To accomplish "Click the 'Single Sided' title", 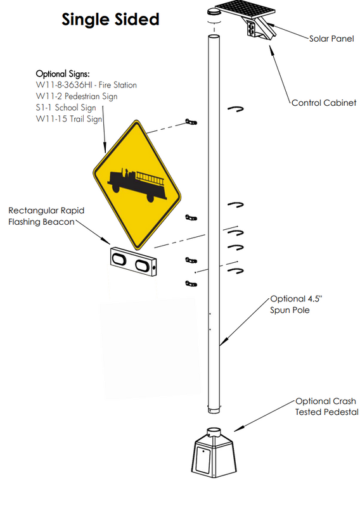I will pos(110,20).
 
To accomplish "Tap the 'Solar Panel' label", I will pos(331,39).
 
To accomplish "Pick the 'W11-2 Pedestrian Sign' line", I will pos(77,96).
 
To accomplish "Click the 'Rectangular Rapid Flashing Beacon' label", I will pos(46,215).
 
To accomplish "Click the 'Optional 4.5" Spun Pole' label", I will pos(293,304).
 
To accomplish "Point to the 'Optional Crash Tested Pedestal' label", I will pos(326,407).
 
